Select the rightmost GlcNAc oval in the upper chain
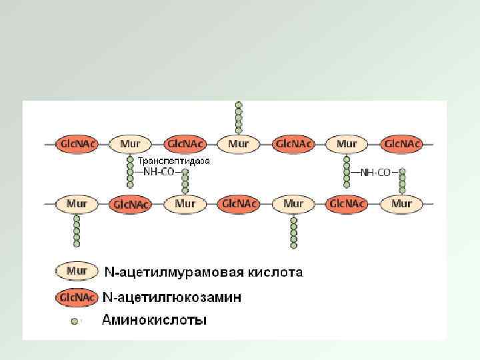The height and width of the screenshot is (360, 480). coord(402,143)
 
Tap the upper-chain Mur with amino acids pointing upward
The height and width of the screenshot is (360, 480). coord(238,143)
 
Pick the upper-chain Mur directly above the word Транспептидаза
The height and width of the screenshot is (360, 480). coord(130,143)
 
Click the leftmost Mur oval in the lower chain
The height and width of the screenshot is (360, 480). coord(77,203)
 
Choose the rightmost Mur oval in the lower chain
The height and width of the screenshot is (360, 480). coord(402,203)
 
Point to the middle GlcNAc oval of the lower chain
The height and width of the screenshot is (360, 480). coord(239,203)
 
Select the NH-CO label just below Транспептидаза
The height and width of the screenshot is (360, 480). coord(159,172)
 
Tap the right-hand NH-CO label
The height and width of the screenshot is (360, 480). coord(375,172)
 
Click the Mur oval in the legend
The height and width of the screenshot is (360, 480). coord(77,271)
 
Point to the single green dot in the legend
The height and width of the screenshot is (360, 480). coord(76,320)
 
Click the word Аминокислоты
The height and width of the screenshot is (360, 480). coord(153,320)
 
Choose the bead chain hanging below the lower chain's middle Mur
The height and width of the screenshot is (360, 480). coord(293,231)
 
